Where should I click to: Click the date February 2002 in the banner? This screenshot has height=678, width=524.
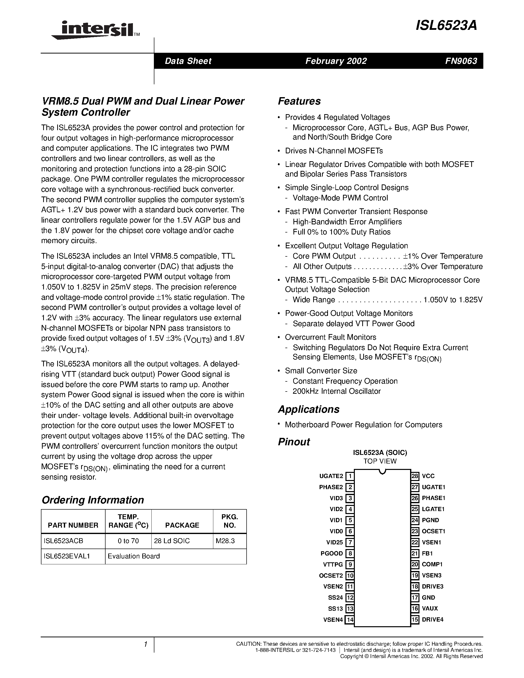click(x=336, y=61)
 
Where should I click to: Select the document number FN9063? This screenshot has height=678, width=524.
click(x=461, y=61)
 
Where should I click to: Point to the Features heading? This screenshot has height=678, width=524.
click(x=299, y=101)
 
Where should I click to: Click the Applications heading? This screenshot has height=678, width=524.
click(x=308, y=409)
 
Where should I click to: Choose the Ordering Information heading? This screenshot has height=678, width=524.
click(x=92, y=500)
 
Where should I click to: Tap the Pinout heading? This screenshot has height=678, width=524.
click(x=294, y=442)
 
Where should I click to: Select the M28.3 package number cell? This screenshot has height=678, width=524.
click(x=225, y=541)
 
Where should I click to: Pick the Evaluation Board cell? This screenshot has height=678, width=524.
click(x=134, y=556)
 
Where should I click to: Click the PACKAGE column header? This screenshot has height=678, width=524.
click(x=182, y=525)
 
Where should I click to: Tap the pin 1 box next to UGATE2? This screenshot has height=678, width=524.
click(x=350, y=476)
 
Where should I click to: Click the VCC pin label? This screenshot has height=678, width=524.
click(x=428, y=476)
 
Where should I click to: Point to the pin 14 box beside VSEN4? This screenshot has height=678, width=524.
click(x=350, y=619)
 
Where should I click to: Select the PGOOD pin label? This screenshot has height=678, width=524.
click(x=331, y=553)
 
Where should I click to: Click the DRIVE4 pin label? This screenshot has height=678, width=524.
click(x=433, y=619)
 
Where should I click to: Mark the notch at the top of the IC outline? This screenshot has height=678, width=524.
click(x=382, y=472)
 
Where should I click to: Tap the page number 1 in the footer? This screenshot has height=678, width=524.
click(x=145, y=644)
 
